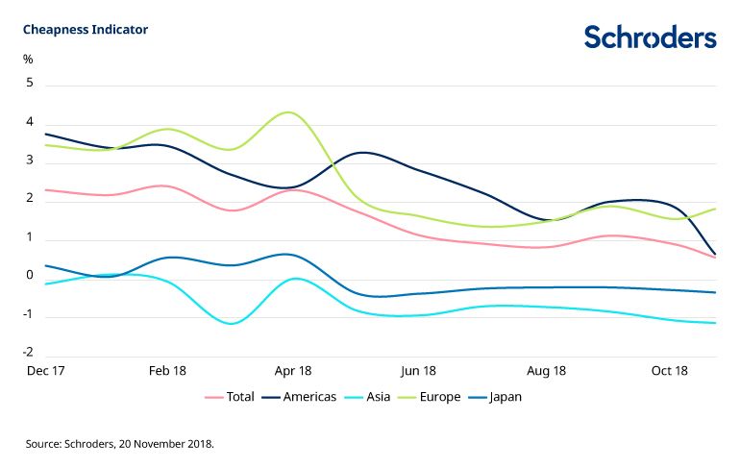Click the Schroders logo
coord(650,37)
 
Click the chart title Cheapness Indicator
coord(86,30)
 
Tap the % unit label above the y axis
coord(29,60)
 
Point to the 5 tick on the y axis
coord(30,84)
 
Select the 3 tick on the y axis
coord(30,160)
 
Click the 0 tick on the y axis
coord(30,277)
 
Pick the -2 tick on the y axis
coord(29,354)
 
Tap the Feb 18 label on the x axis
coord(167,371)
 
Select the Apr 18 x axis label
coord(293,371)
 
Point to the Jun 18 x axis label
coord(419,371)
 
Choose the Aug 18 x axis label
coord(545,371)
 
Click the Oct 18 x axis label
coord(670,371)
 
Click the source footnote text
coord(120,444)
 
